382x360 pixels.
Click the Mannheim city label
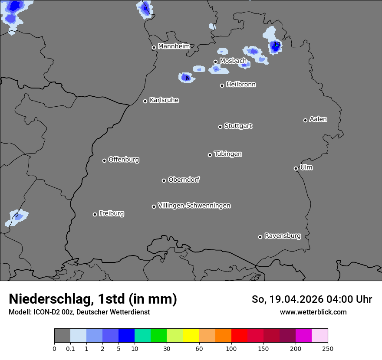pyautogui.click(x=174, y=46)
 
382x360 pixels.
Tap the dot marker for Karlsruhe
pyautogui.click(x=145, y=101)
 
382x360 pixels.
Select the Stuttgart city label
pyautogui.click(x=238, y=126)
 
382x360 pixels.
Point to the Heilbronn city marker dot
pyautogui.click(x=222, y=85)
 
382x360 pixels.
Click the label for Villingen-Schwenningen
pyautogui.click(x=194, y=205)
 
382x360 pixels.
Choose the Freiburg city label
pyautogui.click(x=111, y=213)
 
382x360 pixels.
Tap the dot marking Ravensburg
pyautogui.click(x=260, y=237)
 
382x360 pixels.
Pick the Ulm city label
pyautogui.click(x=306, y=167)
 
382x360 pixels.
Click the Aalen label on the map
pyautogui.click(x=318, y=119)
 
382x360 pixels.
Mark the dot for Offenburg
pyautogui.click(x=104, y=160)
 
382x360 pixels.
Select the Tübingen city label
pyautogui.click(x=228, y=154)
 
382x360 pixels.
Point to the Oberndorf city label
pyautogui.click(x=184, y=180)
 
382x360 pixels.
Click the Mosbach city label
pyautogui.click(x=233, y=61)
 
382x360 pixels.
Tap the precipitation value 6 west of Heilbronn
pyautogui.click(x=187, y=78)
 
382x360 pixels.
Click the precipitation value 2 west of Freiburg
pyautogui.click(x=17, y=215)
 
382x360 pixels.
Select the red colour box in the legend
pyautogui.click(x=239, y=336)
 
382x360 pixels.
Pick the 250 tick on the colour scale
pyautogui.click(x=328, y=348)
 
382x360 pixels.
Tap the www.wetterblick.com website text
pyautogui.click(x=313, y=312)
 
